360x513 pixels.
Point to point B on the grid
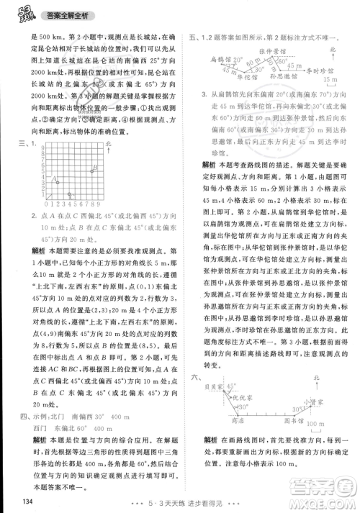point(92,169)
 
